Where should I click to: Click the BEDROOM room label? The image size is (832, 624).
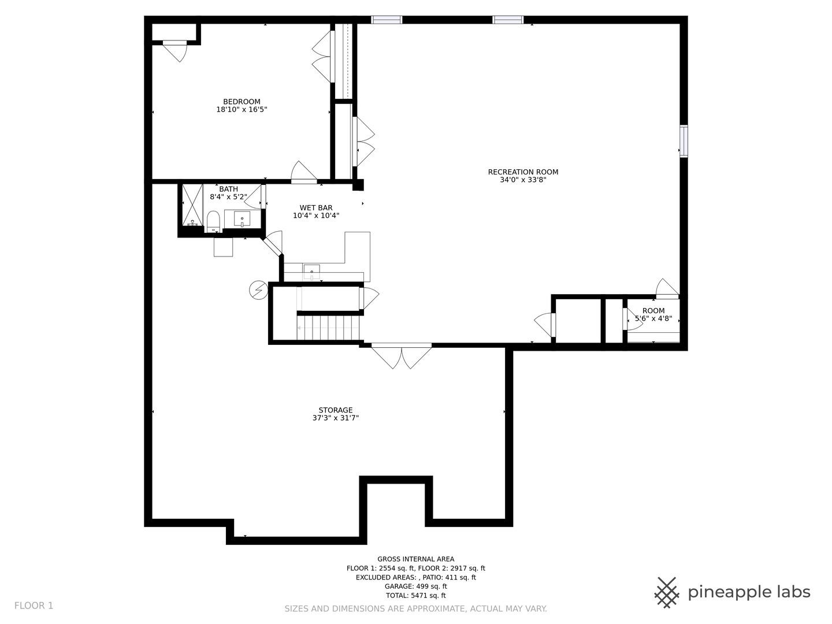point(242,102)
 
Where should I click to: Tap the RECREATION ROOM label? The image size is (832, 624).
point(523,172)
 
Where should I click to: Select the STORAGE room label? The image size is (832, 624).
point(336,410)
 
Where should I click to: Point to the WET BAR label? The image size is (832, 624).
point(315,207)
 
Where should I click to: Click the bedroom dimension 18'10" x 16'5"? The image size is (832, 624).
point(242,110)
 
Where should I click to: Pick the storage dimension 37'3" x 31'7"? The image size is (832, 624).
point(336,418)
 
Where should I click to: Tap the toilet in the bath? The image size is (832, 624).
point(213,221)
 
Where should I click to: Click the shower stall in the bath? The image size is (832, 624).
point(192,205)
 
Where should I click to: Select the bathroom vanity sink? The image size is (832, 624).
point(242,219)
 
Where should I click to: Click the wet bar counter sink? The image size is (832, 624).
point(311,272)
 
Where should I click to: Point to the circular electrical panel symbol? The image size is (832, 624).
point(258,290)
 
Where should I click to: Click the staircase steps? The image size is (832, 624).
point(328,328)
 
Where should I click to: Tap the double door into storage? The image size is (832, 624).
point(402,356)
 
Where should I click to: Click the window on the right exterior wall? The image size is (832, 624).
point(684,142)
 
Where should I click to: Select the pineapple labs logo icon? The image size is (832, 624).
point(667,593)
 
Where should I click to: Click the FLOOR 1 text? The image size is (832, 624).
point(34,606)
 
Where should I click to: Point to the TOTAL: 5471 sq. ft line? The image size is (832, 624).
point(416,595)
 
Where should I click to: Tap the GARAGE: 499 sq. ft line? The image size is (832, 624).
point(416,586)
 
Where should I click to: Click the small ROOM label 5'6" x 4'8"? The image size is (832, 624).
point(653,314)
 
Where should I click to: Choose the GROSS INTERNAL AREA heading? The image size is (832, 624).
point(416,559)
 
